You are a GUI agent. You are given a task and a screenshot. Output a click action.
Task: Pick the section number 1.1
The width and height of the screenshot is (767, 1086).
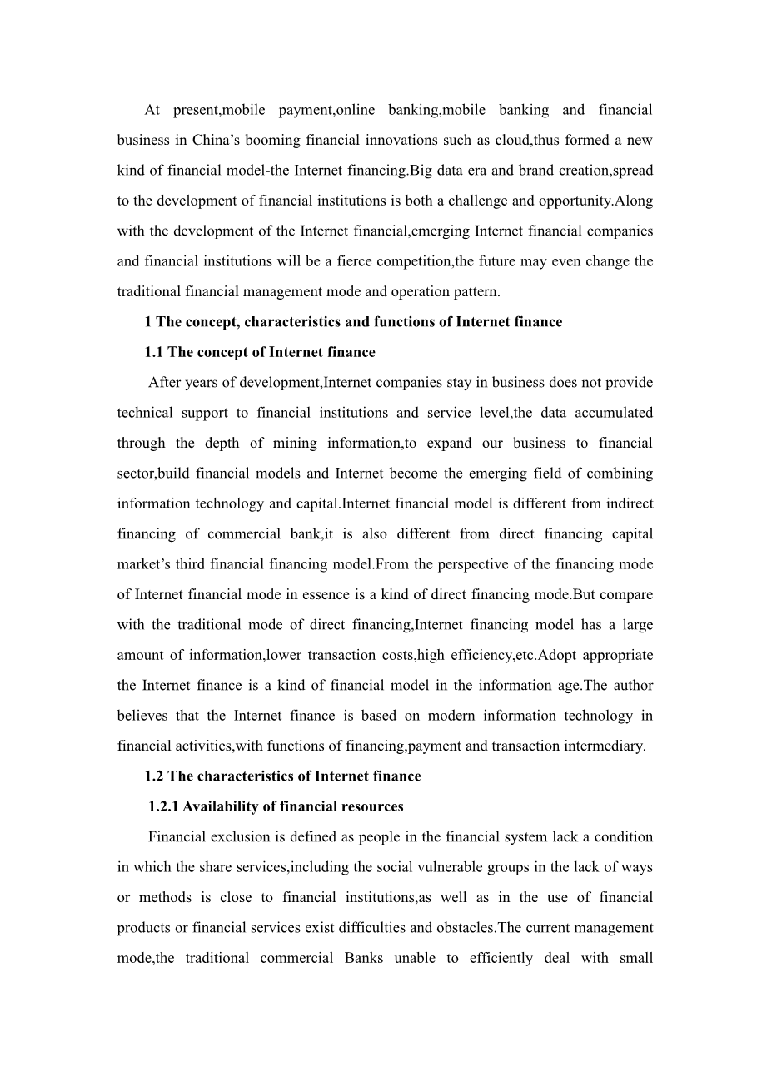click(154, 352)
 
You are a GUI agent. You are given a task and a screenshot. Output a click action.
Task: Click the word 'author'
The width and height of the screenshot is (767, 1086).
click(634, 685)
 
